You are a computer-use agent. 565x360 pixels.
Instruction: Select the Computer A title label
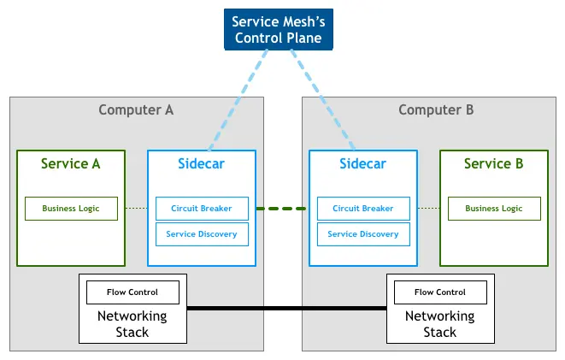tap(136, 109)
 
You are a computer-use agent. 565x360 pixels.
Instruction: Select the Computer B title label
tap(436, 109)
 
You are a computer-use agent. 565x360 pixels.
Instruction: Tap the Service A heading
tap(71, 163)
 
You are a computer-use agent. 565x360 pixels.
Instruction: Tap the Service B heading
tap(493, 163)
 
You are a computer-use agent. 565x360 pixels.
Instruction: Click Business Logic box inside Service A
tap(71, 209)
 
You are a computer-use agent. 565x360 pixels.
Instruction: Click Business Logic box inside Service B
tap(493, 209)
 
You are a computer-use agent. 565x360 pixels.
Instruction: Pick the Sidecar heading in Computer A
tap(201, 163)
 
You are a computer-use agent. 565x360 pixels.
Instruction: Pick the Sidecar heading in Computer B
tap(362, 163)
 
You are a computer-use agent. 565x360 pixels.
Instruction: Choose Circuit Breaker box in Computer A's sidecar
tap(201, 209)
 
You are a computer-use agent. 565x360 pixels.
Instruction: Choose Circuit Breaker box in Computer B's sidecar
tap(362, 209)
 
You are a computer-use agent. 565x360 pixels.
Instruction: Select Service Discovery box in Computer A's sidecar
tap(201, 233)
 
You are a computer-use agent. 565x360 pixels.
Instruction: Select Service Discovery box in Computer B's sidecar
tap(362, 233)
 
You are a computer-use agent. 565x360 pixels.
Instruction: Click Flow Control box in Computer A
tap(132, 292)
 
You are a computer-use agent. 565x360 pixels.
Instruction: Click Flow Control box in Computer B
tap(440, 292)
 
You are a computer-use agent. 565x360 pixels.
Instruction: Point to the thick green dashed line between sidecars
tap(282, 209)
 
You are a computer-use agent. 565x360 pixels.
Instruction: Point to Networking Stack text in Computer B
tap(440, 324)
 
